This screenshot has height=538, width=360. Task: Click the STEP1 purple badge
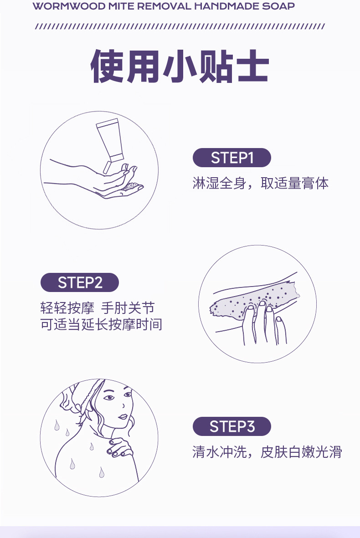click(231, 158)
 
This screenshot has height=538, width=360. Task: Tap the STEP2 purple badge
click(80, 282)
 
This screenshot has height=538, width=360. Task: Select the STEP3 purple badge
click(231, 426)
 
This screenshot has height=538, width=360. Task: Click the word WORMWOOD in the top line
click(69, 6)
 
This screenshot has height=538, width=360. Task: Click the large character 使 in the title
click(108, 66)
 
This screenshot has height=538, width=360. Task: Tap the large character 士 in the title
click(252, 66)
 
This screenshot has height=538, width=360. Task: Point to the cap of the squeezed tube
click(107, 168)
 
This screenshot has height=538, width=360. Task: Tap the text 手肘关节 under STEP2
click(128, 308)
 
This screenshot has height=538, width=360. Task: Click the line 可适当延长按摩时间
click(101, 324)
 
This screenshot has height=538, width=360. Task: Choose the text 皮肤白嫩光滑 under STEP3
click(301, 452)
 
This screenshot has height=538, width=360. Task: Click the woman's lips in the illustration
click(123, 417)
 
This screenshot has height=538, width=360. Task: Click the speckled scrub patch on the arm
click(254, 300)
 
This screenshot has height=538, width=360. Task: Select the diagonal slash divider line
click(180, 26)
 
